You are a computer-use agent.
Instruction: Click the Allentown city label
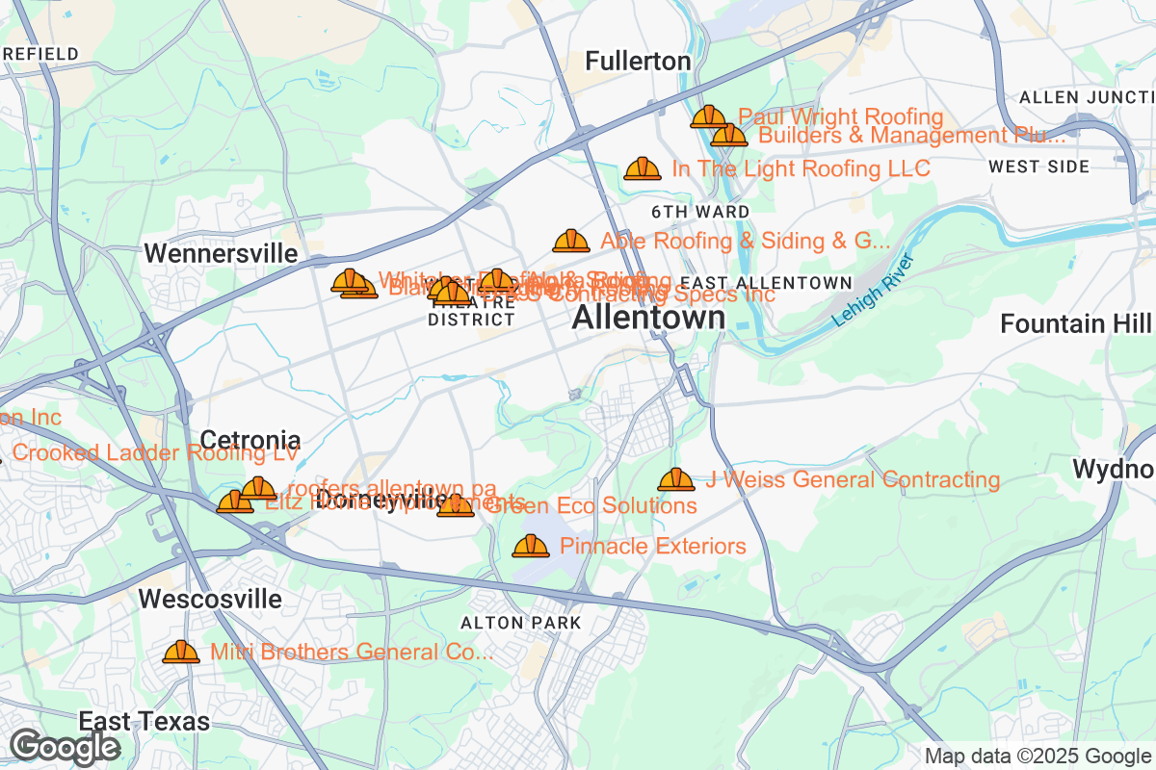click(x=648, y=318)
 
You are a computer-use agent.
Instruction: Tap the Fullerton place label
click(x=638, y=62)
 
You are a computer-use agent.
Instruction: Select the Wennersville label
click(x=221, y=253)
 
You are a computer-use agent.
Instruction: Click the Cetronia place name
click(x=250, y=441)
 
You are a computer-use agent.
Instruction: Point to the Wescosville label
click(x=210, y=600)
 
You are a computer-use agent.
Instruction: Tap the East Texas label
click(x=144, y=722)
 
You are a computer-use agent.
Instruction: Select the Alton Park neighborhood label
click(x=521, y=623)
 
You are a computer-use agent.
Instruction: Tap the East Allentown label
click(x=766, y=283)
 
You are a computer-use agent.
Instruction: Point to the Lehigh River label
click(x=873, y=291)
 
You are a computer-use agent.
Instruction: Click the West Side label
click(x=1038, y=167)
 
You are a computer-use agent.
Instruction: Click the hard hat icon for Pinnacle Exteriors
click(x=531, y=546)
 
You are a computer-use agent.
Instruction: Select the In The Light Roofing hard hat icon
click(x=643, y=168)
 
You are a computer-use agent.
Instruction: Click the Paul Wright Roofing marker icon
click(x=709, y=116)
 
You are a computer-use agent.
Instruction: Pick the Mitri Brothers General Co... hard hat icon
click(x=181, y=652)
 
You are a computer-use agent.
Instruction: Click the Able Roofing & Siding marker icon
click(x=571, y=241)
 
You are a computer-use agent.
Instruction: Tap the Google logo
click(x=66, y=746)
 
